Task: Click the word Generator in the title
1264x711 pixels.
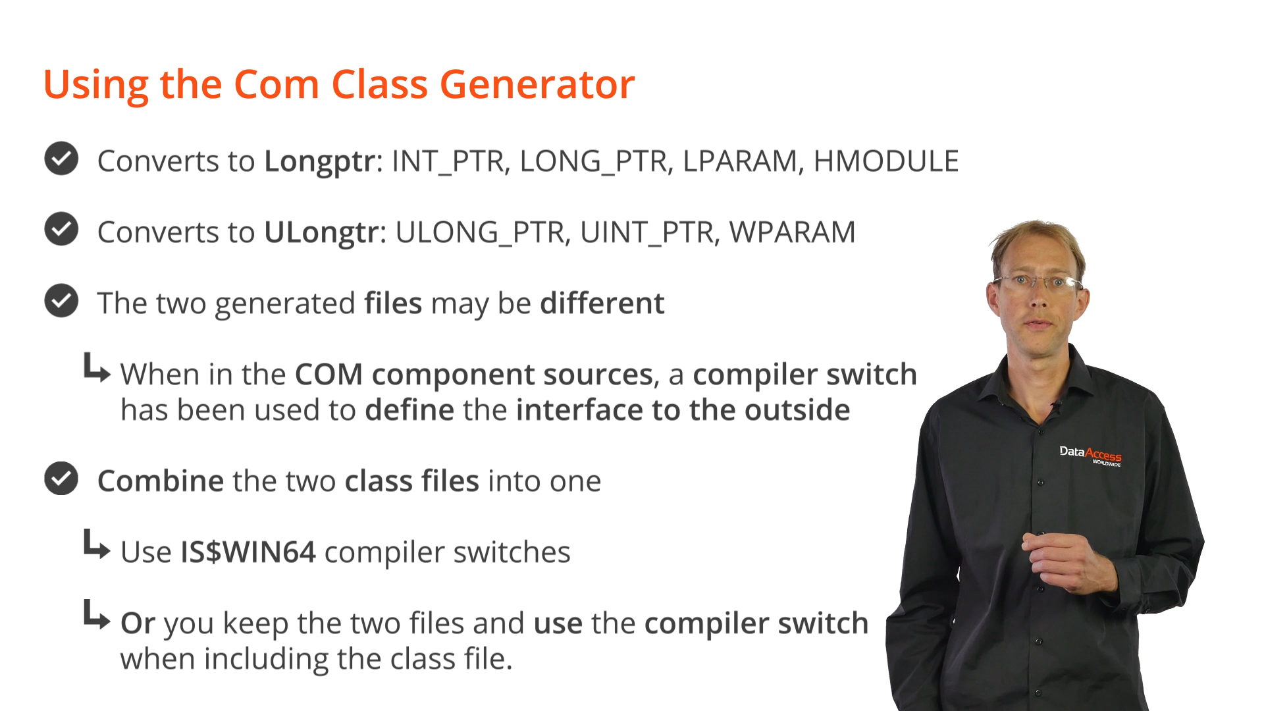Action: (537, 85)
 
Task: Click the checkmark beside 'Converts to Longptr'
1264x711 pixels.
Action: (61, 159)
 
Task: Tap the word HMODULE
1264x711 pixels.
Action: (886, 161)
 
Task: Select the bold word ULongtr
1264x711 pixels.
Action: (322, 232)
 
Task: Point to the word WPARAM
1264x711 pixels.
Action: (792, 232)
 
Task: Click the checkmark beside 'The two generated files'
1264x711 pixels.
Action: (61, 301)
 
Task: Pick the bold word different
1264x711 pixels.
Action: (602, 303)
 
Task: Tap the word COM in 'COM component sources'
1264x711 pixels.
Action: (329, 375)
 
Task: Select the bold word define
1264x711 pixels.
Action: (409, 410)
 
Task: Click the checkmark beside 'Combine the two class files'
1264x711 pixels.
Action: (61, 479)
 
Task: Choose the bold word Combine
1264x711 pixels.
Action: (161, 481)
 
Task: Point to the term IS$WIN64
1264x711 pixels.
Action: (248, 552)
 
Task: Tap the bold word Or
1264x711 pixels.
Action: (138, 623)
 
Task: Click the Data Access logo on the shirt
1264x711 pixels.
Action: (1090, 455)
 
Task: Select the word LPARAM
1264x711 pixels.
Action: (740, 161)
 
